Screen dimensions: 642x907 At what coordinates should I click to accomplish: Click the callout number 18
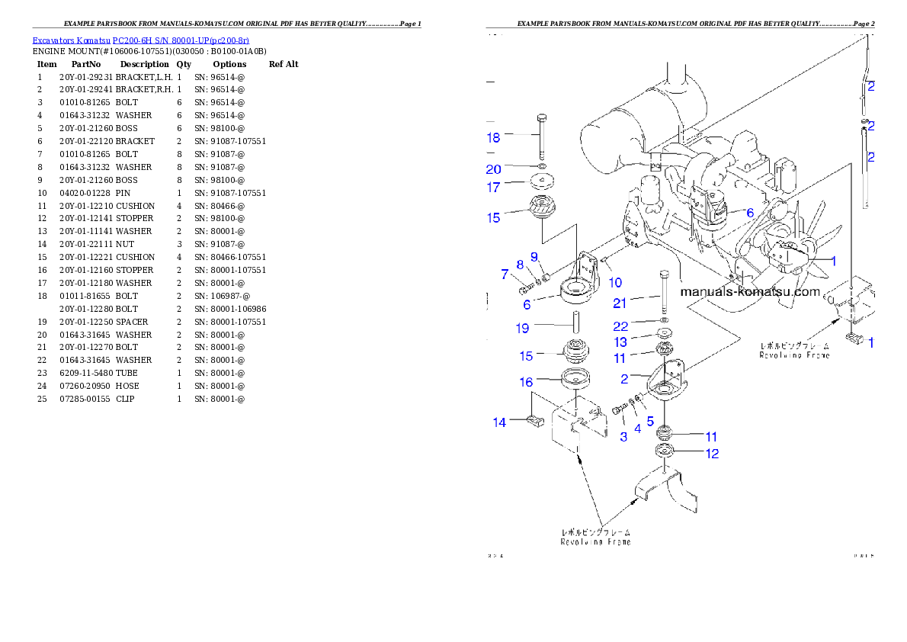[494, 137]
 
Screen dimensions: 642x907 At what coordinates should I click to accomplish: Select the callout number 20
[494, 169]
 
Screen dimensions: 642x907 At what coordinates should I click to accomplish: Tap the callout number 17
[494, 186]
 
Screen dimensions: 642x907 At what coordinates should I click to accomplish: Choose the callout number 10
[615, 283]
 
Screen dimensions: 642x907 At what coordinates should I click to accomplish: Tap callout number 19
[522, 328]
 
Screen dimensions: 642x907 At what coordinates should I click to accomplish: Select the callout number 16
[527, 382]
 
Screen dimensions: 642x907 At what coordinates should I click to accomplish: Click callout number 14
[499, 422]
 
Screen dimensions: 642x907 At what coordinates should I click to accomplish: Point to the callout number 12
[711, 454]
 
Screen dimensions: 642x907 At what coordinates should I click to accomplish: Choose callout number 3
[623, 437]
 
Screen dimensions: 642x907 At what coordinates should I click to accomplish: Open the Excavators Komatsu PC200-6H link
[140, 40]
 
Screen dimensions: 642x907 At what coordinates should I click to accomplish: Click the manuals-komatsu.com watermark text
[750, 291]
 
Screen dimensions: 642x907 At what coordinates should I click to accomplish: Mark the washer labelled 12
[665, 454]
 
